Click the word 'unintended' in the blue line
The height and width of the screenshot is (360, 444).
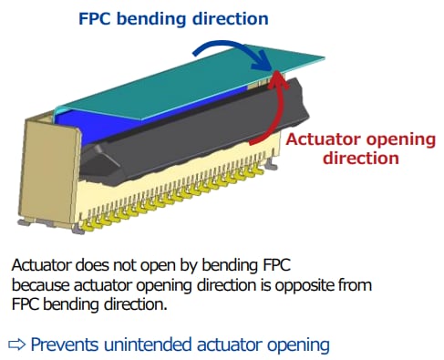coord(156,345)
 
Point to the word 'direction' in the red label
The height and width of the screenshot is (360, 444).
coord(362,157)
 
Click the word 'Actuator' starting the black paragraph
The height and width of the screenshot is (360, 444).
coord(42,266)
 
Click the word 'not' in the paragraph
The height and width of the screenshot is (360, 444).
coord(127,266)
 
